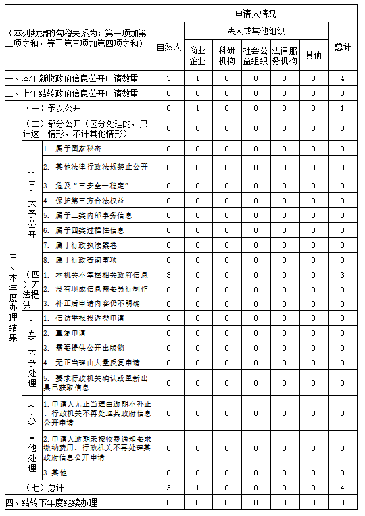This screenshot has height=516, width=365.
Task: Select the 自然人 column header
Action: point(169,47)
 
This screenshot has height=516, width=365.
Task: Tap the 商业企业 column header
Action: point(198,55)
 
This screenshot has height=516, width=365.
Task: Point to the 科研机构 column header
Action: point(227,55)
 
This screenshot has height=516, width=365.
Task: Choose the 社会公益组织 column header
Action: point(255,55)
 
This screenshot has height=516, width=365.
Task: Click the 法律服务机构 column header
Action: point(285,55)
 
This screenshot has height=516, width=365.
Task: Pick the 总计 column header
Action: point(343,47)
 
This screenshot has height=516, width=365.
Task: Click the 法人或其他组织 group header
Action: point(255,31)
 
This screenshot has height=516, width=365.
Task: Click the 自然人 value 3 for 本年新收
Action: point(169,78)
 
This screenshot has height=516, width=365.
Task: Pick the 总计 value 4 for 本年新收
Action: point(343,78)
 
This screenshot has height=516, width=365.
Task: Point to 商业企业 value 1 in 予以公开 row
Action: point(198,108)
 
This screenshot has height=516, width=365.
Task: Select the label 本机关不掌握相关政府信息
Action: point(95,275)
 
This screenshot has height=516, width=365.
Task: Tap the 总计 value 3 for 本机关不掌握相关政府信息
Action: point(343,275)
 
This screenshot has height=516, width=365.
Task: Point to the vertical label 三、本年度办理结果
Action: point(11,295)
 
